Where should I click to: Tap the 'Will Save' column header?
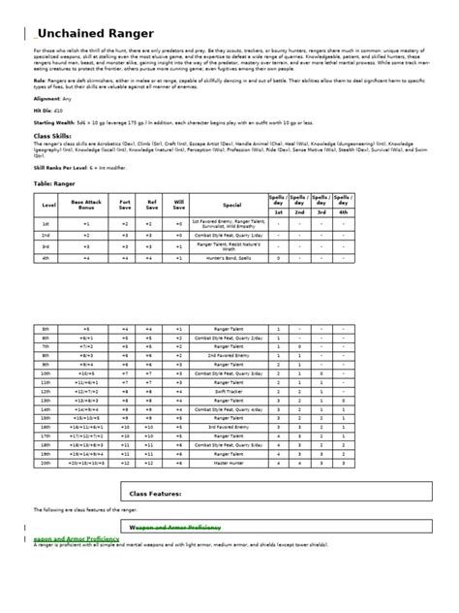[x=179, y=204]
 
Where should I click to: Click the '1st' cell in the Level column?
[x=46, y=222]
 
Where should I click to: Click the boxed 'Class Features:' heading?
[x=156, y=494]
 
